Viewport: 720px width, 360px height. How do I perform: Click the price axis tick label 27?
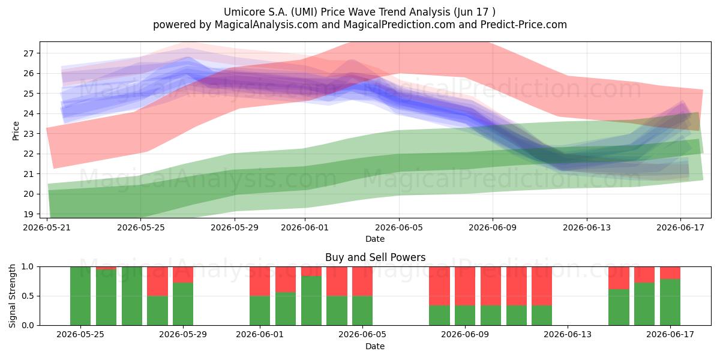pyautogui.click(x=28, y=53)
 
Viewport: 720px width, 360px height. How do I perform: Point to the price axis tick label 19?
pyautogui.click(x=28, y=214)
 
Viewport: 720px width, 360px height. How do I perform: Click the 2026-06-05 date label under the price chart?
pyautogui.click(x=399, y=227)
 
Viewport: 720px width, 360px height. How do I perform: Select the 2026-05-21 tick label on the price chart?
pyautogui.click(x=47, y=227)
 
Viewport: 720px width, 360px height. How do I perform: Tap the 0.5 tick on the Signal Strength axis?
pyautogui.click(x=28, y=296)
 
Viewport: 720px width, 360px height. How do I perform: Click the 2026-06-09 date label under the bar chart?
pyautogui.click(x=465, y=335)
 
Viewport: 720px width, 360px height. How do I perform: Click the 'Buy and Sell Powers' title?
pyautogui.click(x=375, y=257)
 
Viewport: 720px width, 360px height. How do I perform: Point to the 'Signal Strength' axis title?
pyautogui.click(x=12, y=296)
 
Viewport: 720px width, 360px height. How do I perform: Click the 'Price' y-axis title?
pyautogui.click(x=16, y=131)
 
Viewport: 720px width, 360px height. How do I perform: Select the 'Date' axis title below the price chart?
pyautogui.click(x=375, y=239)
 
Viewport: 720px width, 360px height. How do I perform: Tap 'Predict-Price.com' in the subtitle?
pyautogui.click(x=524, y=25)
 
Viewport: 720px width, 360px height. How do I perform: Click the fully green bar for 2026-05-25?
pyautogui.click(x=80, y=296)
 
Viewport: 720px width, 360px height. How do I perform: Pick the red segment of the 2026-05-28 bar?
pyautogui.click(x=157, y=281)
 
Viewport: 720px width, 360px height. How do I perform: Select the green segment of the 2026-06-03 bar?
pyautogui.click(x=311, y=301)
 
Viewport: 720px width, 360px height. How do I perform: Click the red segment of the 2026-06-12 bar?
pyautogui.click(x=542, y=286)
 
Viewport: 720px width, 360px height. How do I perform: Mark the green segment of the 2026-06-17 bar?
pyautogui.click(x=670, y=302)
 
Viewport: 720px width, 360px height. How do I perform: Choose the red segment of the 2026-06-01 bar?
pyautogui.click(x=260, y=281)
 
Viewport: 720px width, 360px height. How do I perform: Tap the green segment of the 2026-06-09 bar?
pyautogui.click(x=465, y=316)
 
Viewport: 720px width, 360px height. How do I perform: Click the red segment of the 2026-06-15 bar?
pyautogui.click(x=619, y=278)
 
